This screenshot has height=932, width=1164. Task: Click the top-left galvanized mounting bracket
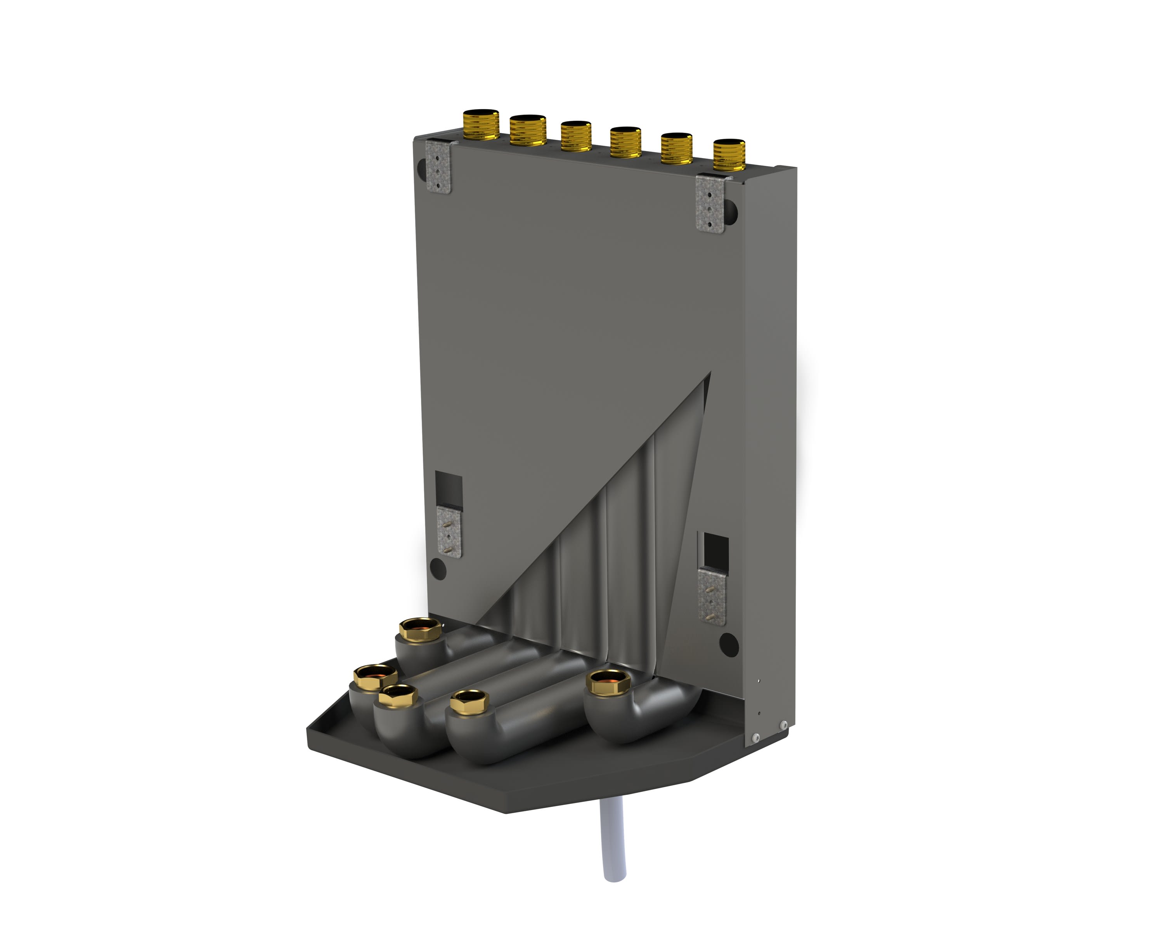click(x=438, y=167)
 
